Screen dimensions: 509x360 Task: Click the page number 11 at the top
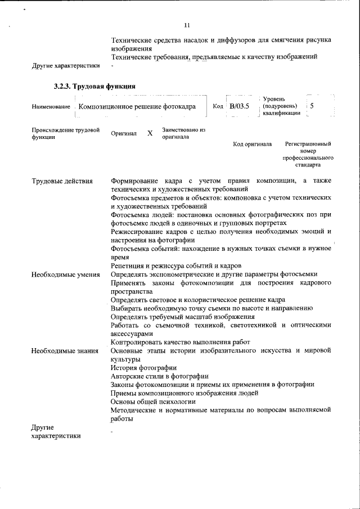[x=187, y=25]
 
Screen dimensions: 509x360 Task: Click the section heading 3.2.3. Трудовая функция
[x=94, y=87]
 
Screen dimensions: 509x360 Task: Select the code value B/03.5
[x=239, y=106]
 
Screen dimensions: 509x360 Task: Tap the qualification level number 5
[x=312, y=106]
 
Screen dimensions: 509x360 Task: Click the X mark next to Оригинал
[x=150, y=134]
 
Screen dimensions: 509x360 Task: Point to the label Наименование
[x=51, y=107]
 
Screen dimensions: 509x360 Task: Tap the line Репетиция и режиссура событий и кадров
[x=176, y=265]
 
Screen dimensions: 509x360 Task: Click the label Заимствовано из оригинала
[x=184, y=133]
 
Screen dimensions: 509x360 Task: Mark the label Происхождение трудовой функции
[x=65, y=133]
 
